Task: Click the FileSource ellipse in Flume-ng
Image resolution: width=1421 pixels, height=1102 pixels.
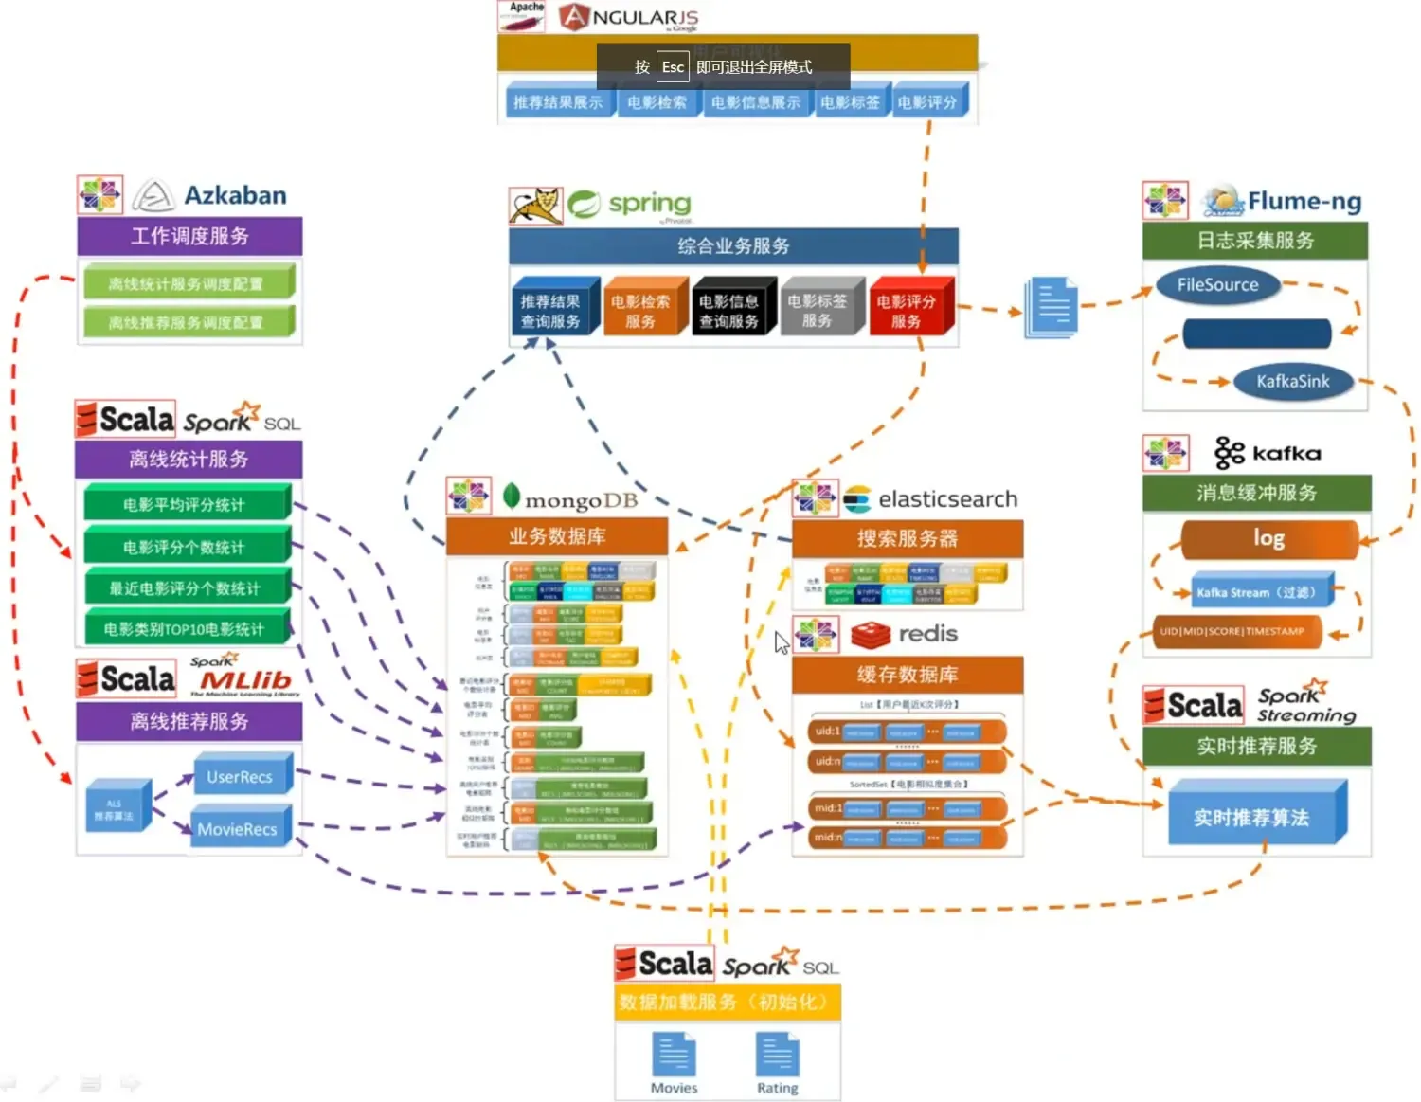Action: pyautogui.click(x=1217, y=285)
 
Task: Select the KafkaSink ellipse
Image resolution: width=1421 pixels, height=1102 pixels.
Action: pyautogui.click(x=1292, y=382)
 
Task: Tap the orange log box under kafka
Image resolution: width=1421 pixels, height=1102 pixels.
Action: pyautogui.click(x=1268, y=539)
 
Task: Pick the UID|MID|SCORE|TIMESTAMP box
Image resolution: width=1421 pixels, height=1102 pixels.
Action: pyautogui.click(x=1237, y=632)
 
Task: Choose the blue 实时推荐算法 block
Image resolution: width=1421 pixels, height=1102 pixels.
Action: pyautogui.click(x=1251, y=817)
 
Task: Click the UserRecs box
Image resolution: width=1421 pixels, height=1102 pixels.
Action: pyautogui.click(x=240, y=777)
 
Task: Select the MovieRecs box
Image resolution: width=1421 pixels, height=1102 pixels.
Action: pyautogui.click(x=238, y=829)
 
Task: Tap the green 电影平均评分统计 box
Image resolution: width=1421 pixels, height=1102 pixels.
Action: pyautogui.click(x=185, y=505)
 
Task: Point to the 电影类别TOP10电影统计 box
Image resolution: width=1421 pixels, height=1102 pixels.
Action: pyautogui.click(x=185, y=629)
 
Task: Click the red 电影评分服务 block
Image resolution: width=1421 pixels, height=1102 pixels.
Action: pyautogui.click(x=907, y=311)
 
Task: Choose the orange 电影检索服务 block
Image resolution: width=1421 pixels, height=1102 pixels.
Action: pyautogui.click(x=640, y=311)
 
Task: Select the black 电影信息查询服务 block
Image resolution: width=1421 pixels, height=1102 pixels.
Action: pyautogui.click(x=729, y=311)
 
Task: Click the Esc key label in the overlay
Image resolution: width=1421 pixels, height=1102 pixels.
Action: pyautogui.click(x=673, y=67)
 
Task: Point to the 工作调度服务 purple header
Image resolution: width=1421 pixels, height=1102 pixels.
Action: pyautogui.click(x=189, y=236)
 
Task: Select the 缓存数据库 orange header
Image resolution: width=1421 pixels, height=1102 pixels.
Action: pyautogui.click(x=908, y=675)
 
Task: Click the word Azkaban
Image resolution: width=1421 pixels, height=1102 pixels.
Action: pyautogui.click(x=235, y=195)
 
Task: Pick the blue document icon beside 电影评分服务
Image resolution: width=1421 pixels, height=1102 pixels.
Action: pyautogui.click(x=1052, y=307)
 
